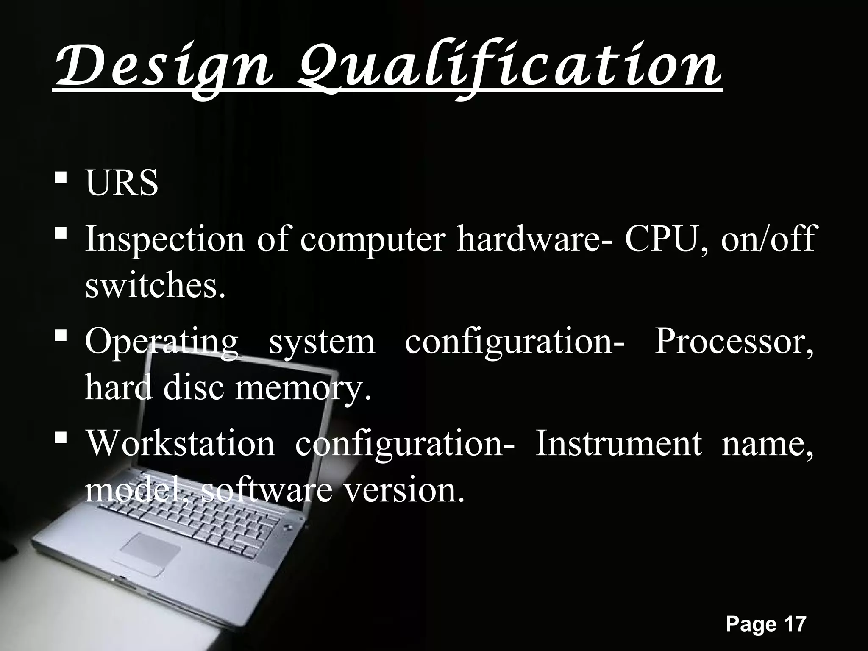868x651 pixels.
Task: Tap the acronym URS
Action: (122, 184)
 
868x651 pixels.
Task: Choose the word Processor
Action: (734, 342)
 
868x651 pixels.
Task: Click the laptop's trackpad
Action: (150, 548)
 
